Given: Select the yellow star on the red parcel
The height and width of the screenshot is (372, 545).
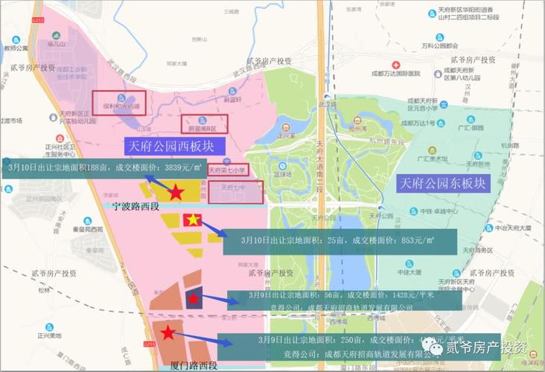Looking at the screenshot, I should [x=192, y=220].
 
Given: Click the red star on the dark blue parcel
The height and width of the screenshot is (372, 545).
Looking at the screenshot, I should [x=193, y=299].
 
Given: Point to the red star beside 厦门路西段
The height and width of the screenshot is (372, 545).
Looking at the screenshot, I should [x=168, y=333].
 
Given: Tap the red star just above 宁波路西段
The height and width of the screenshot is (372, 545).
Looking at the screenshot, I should [x=176, y=193].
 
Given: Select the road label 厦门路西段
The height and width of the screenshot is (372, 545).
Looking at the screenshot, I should [x=193, y=365].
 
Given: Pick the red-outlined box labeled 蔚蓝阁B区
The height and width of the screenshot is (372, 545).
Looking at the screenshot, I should [x=205, y=123].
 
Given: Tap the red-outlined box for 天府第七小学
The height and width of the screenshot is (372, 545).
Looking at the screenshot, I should [x=228, y=171].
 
